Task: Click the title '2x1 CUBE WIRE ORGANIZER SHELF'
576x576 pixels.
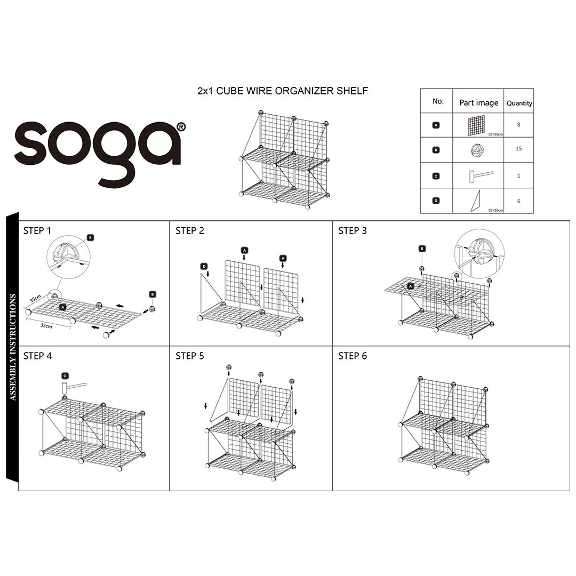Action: [x=282, y=91]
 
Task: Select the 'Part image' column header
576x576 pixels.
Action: [x=478, y=102]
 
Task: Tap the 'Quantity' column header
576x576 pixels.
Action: [x=519, y=103]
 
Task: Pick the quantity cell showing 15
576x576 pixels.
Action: [x=519, y=149]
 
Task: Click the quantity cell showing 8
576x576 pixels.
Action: [x=519, y=124]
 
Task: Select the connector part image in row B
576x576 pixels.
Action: [x=478, y=150]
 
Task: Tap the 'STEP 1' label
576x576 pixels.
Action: [x=37, y=231]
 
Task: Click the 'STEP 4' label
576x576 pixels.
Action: [x=37, y=356]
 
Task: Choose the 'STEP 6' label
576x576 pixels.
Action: [x=353, y=356]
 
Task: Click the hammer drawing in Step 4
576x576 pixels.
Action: [x=72, y=387]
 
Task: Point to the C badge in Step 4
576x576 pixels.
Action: [x=65, y=375]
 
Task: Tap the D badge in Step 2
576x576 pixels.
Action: [x=204, y=266]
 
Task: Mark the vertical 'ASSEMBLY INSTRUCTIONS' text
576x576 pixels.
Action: [x=12, y=347]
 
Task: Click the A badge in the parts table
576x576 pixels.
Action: [x=436, y=125]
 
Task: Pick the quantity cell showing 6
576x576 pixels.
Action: [x=519, y=201]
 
